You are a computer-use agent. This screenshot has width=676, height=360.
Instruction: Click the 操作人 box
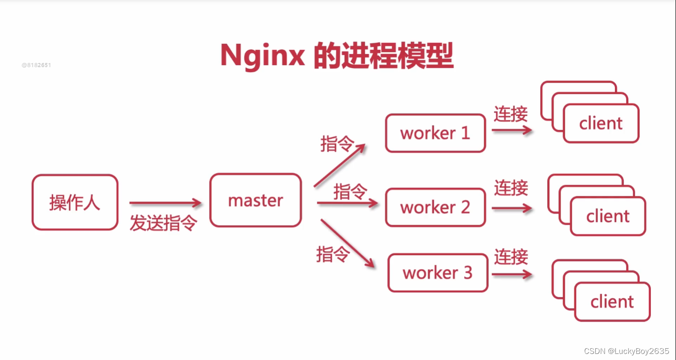pos(75,202)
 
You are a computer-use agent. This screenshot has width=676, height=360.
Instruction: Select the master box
pos(255,201)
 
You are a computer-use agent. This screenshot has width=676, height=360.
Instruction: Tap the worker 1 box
pos(435,133)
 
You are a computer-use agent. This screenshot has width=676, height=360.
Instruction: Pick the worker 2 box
pos(435,207)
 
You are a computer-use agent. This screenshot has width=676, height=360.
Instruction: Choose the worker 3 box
pos(438,273)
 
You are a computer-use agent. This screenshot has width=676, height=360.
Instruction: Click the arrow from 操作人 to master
pos(165,203)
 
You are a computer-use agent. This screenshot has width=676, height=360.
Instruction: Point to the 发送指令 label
pos(163,223)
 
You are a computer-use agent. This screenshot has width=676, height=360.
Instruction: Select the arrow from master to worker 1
pos(339,165)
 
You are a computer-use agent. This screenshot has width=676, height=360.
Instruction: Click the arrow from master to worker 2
pos(347,203)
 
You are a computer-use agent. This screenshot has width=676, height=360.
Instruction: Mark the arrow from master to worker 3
pos(348,243)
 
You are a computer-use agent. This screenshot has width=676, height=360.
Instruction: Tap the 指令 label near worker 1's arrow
pos(337,144)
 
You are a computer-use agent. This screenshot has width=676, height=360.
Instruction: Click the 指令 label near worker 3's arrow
pos(333,254)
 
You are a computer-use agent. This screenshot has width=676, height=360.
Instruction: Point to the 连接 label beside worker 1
pos(511,114)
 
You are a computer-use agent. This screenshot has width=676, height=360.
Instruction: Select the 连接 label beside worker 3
pos(511,257)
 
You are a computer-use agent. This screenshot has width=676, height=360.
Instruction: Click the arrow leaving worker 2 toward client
pos(512,208)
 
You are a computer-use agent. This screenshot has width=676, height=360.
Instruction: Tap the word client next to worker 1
pos(601,124)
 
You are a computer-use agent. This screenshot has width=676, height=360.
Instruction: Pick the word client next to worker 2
pos(608,216)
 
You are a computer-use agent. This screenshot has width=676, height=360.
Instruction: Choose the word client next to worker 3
pos(612,302)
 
